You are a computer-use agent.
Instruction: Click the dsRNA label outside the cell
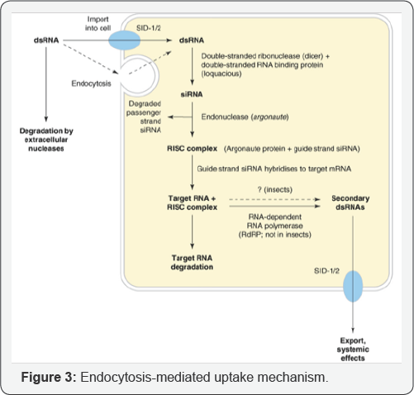point(46,40)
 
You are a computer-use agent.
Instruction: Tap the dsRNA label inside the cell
point(192,40)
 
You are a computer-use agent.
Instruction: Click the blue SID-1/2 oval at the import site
point(124,40)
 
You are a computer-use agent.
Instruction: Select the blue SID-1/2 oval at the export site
point(353,286)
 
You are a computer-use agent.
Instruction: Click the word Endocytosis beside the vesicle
point(91,83)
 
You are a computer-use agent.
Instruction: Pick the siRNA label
point(192,94)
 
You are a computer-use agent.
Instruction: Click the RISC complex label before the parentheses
point(192,149)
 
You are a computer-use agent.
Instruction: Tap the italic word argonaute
point(270,117)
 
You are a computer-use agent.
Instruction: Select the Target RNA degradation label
point(192,262)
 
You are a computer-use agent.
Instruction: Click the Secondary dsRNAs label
point(350,202)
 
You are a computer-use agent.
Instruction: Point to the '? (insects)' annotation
point(275,189)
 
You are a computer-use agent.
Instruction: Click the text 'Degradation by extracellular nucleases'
point(46,140)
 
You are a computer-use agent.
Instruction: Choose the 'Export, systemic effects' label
point(353,350)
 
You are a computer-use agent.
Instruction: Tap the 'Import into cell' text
point(98,24)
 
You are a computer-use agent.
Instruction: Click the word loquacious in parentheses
point(221,74)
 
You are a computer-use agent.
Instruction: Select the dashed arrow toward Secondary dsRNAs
point(274,199)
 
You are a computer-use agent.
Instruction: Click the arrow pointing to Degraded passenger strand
point(180,117)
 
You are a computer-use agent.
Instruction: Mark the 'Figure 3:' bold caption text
point(49,377)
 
